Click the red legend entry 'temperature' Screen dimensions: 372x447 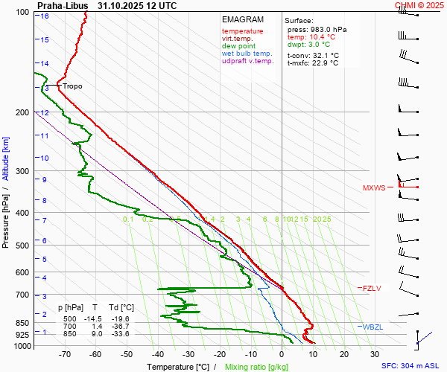242,31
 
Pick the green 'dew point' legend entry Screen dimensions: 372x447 238,46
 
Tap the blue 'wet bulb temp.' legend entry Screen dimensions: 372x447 247,54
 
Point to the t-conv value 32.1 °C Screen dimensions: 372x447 323,55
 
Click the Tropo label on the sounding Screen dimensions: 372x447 72,86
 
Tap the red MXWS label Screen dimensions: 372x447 374,188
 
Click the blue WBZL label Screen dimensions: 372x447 372,327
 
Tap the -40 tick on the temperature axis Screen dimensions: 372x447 158,355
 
